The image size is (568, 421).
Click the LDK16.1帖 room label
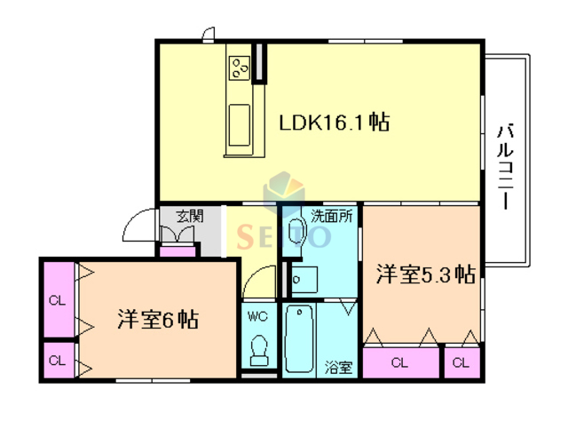(x=336, y=123)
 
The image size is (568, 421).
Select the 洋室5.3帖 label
(x=424, y=274)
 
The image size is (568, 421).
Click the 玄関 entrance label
(x=189, y=216)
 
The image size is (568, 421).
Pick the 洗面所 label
(x=332, y=216)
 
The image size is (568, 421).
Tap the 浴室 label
(x=337, y=366)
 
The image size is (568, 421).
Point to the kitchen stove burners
(x=240, y=67)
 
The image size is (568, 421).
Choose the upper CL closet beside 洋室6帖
(x=58, y=300)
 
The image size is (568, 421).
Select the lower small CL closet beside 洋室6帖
(x=58, y=361)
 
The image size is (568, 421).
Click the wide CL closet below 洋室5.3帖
(x=400, y=362)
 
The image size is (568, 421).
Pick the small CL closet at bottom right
(x=460, y=362)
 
